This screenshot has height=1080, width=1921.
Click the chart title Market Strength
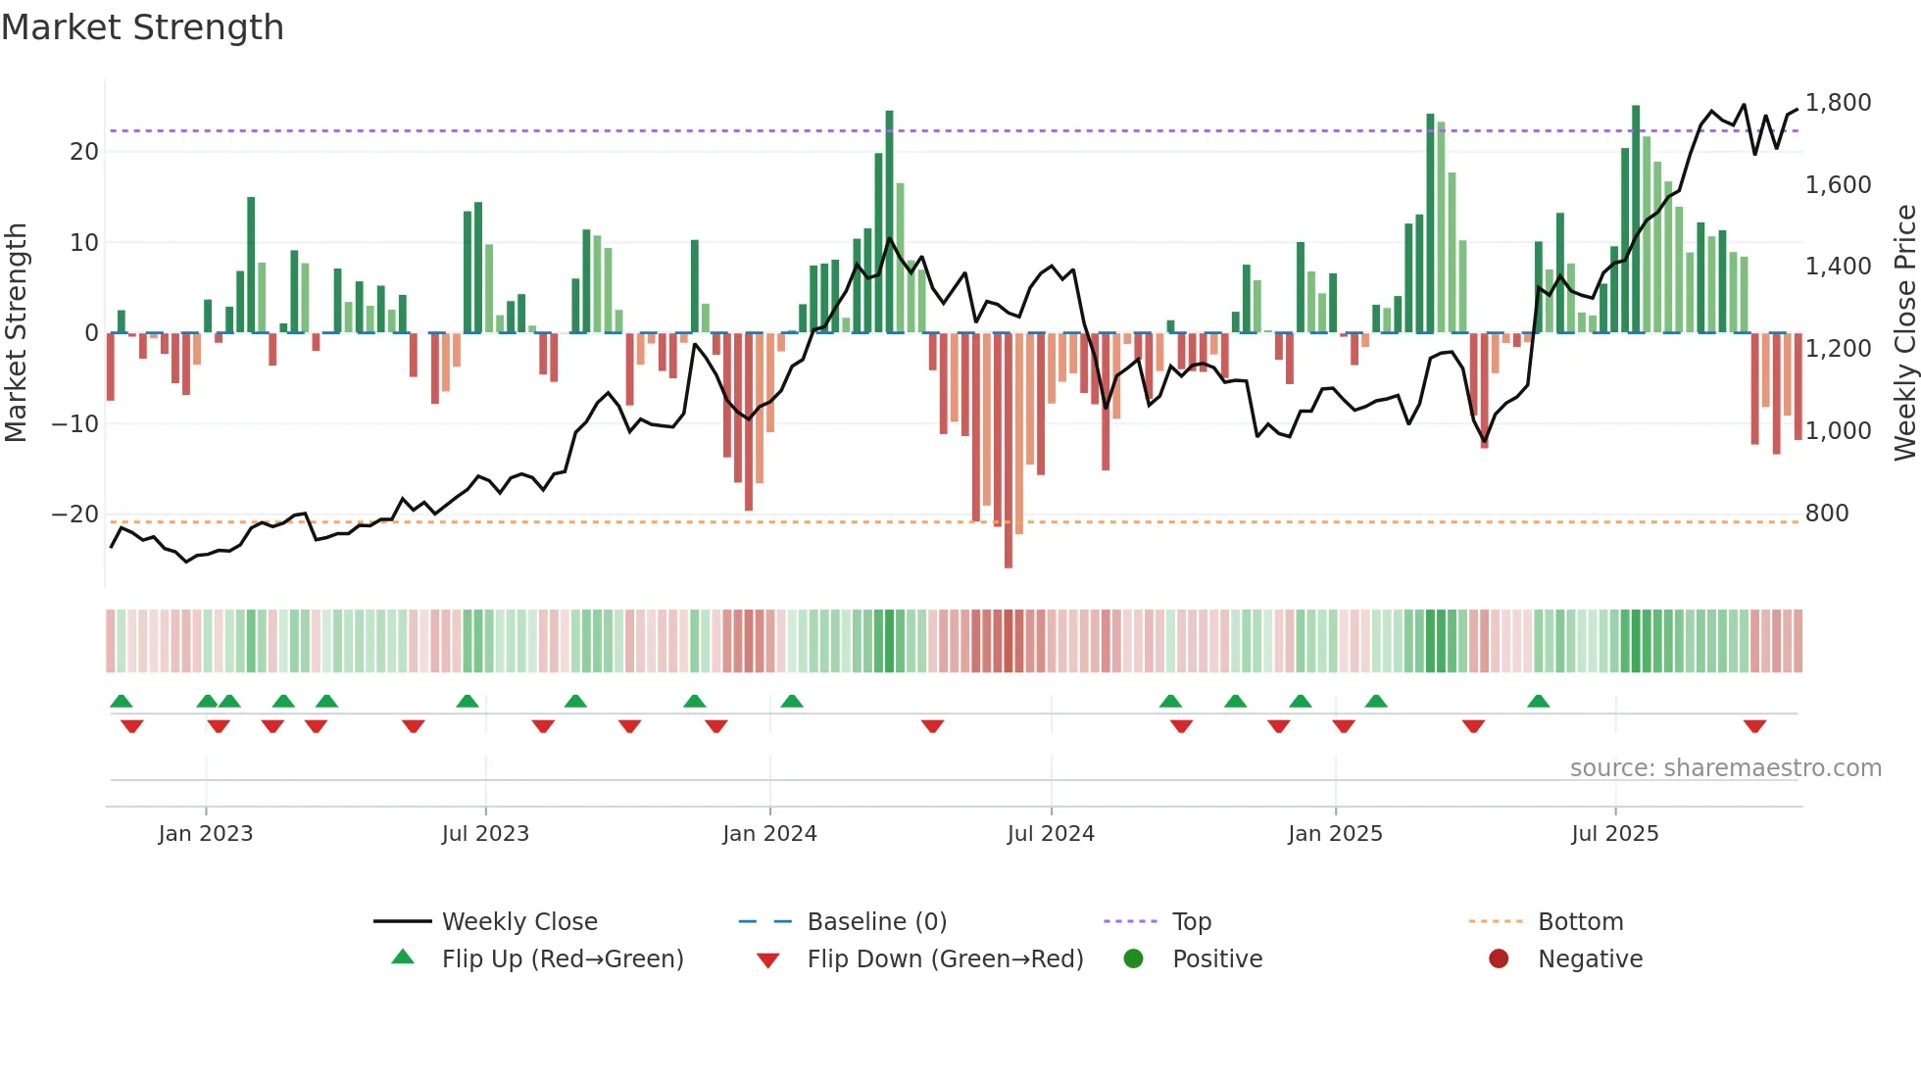tap(143, 27)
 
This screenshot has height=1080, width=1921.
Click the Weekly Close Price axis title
tap(1904, 332)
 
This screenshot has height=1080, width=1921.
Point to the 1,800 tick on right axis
tap(1838, 103)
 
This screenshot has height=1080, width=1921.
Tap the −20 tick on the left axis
tap(74, 515)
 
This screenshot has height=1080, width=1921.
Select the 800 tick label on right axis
tap(1826, 514)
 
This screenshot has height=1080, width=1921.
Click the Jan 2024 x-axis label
tap(769, 834)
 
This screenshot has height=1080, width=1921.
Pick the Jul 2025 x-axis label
tap(1614, 834)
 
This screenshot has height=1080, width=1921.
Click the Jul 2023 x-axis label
tap(485, 834)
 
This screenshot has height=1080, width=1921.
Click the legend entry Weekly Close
tap(518, 922)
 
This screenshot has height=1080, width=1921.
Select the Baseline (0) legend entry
tap(876, 922)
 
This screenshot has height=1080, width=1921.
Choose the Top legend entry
tap(1191, 922)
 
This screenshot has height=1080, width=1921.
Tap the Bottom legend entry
tap(1580, 922)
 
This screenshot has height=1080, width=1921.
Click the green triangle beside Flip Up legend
tap(403, 957)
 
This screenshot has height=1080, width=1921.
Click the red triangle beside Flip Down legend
tap(768, 960)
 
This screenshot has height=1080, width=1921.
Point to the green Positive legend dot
tap(1133, 958)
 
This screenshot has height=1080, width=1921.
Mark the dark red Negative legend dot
tap(1499, 958)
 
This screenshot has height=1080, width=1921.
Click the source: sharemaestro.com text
tap(1725, 768)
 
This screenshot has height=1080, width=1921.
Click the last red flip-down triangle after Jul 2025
tap(1754, 726)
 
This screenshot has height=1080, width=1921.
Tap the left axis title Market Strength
tap(17, 332)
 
